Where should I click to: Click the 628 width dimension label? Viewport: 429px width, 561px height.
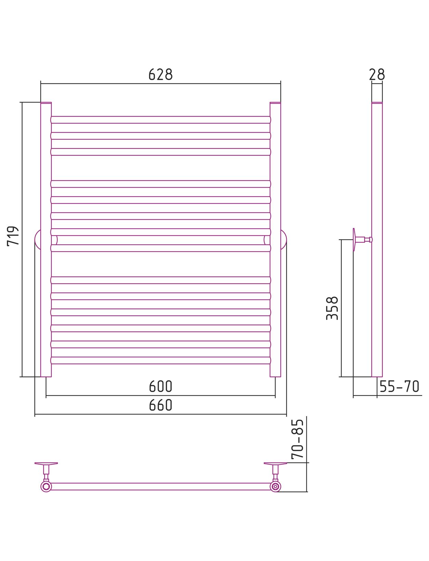coord(160,75)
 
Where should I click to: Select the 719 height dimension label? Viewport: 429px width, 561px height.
coord(13,236)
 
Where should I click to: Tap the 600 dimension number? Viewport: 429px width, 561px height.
coord(160,386)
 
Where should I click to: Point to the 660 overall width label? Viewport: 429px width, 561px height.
coord(160,405)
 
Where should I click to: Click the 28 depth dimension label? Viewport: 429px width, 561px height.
coord(377,75)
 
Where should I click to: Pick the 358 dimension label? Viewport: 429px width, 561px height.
coord(332,308)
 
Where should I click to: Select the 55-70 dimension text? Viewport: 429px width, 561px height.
coord(399,386)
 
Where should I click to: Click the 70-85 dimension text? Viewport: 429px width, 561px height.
coord(297,439)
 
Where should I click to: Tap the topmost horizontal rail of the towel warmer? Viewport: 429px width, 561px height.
coord(160,120)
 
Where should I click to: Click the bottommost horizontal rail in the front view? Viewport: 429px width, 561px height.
coord(160,360)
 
